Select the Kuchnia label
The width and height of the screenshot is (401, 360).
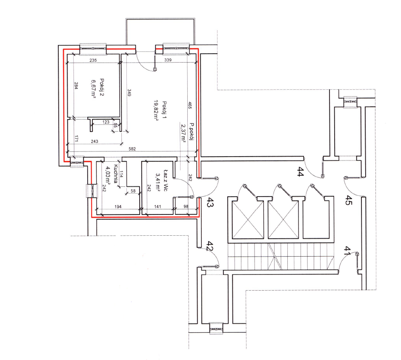(x=115, y=174)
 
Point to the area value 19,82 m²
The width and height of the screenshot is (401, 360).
(x=156, y=110)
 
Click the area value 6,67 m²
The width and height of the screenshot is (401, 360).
(x=93, y=89)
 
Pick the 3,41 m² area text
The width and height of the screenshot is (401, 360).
(x=158, y=182)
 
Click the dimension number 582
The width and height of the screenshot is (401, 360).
(x=132, y=149)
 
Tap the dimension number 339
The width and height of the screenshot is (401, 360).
(x=168, y=60)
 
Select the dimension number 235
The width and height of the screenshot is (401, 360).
(x=93, y=60)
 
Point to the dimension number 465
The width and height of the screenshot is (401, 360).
(x=190, y=106)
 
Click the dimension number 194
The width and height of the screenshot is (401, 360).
(x=118, y=206)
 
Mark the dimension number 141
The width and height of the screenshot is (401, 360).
(x=158, y=206)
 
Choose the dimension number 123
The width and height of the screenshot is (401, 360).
(x=106, y=122)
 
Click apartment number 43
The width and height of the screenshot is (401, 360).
(x=210, y=202)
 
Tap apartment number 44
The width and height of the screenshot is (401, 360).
(x=300, y=171)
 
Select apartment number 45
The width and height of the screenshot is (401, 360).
(x=349, y=200)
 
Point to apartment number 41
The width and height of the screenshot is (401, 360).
(x=347, y=251)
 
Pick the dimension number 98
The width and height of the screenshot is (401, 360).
(x=186, y=206)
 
